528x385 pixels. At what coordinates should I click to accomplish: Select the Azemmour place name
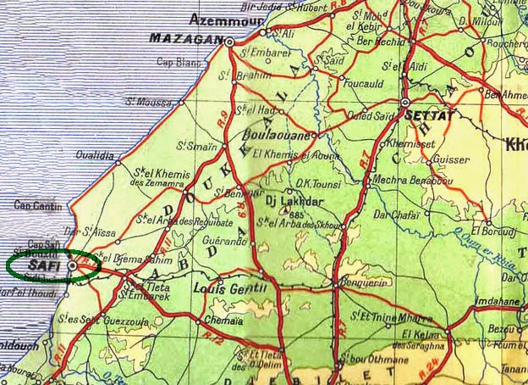point(222,19)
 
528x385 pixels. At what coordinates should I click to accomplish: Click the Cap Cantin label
point(36,205)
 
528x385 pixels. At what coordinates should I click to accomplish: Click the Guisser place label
point(450,159)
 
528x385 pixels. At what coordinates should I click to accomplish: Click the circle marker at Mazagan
point(230,40)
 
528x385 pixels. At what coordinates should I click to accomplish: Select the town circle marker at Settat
point(405,101)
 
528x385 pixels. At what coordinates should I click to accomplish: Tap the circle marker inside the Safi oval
point(73,265)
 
